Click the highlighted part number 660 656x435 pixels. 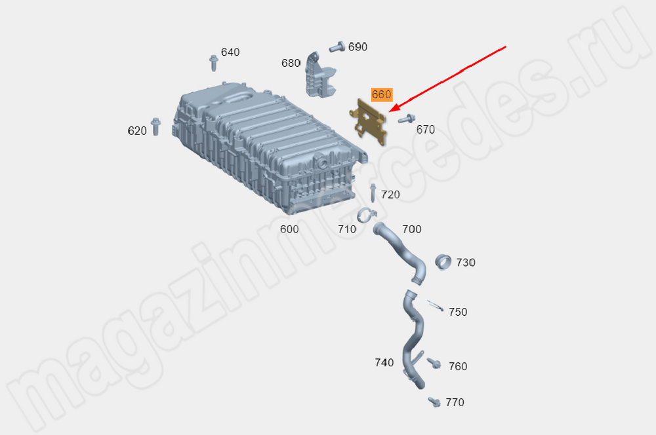tap(381, 94)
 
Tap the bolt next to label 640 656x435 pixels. tap(213, 63)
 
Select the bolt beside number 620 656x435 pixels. tap(155, 126)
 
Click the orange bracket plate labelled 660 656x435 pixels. tap(369, 122)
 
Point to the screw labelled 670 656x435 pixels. tap(406, 119)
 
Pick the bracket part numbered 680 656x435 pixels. tap(320, 75)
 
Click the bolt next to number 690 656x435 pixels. tap(337, 47)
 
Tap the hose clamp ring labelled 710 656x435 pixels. tap(367, 215)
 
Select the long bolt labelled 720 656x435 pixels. tap(373, 193)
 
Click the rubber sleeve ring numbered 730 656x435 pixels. tap(443, 262)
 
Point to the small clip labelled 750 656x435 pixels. tap(435, 305)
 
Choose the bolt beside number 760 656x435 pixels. tap(434, 363)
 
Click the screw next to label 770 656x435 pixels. tap(434, 402)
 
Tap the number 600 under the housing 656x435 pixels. tap(289, 229)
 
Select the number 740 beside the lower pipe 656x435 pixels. tap(384, 362)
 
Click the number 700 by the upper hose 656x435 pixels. tap(412, 229)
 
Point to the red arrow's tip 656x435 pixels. tap(389, 111)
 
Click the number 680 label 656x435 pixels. tap(291, 63)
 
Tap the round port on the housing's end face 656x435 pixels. tap(321, 162)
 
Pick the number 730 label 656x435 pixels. tap(466, 263)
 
